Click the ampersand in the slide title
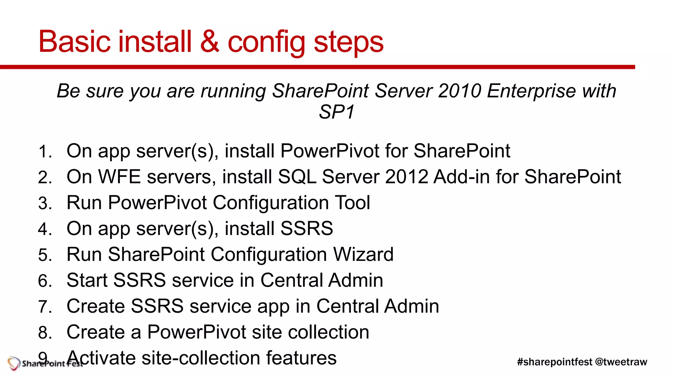[x=210, y=42]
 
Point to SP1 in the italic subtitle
[x=336, y=112]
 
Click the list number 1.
[x=45, y=152]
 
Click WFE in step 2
[x=120, y=177]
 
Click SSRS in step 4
[x=306, y=228]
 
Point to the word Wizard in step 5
[x=363, y=254]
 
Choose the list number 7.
[x=45, y=307]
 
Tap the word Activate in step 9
[x=101, y=358]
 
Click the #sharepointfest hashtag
[x=554, y=362]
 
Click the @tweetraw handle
[x=621, y=362]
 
